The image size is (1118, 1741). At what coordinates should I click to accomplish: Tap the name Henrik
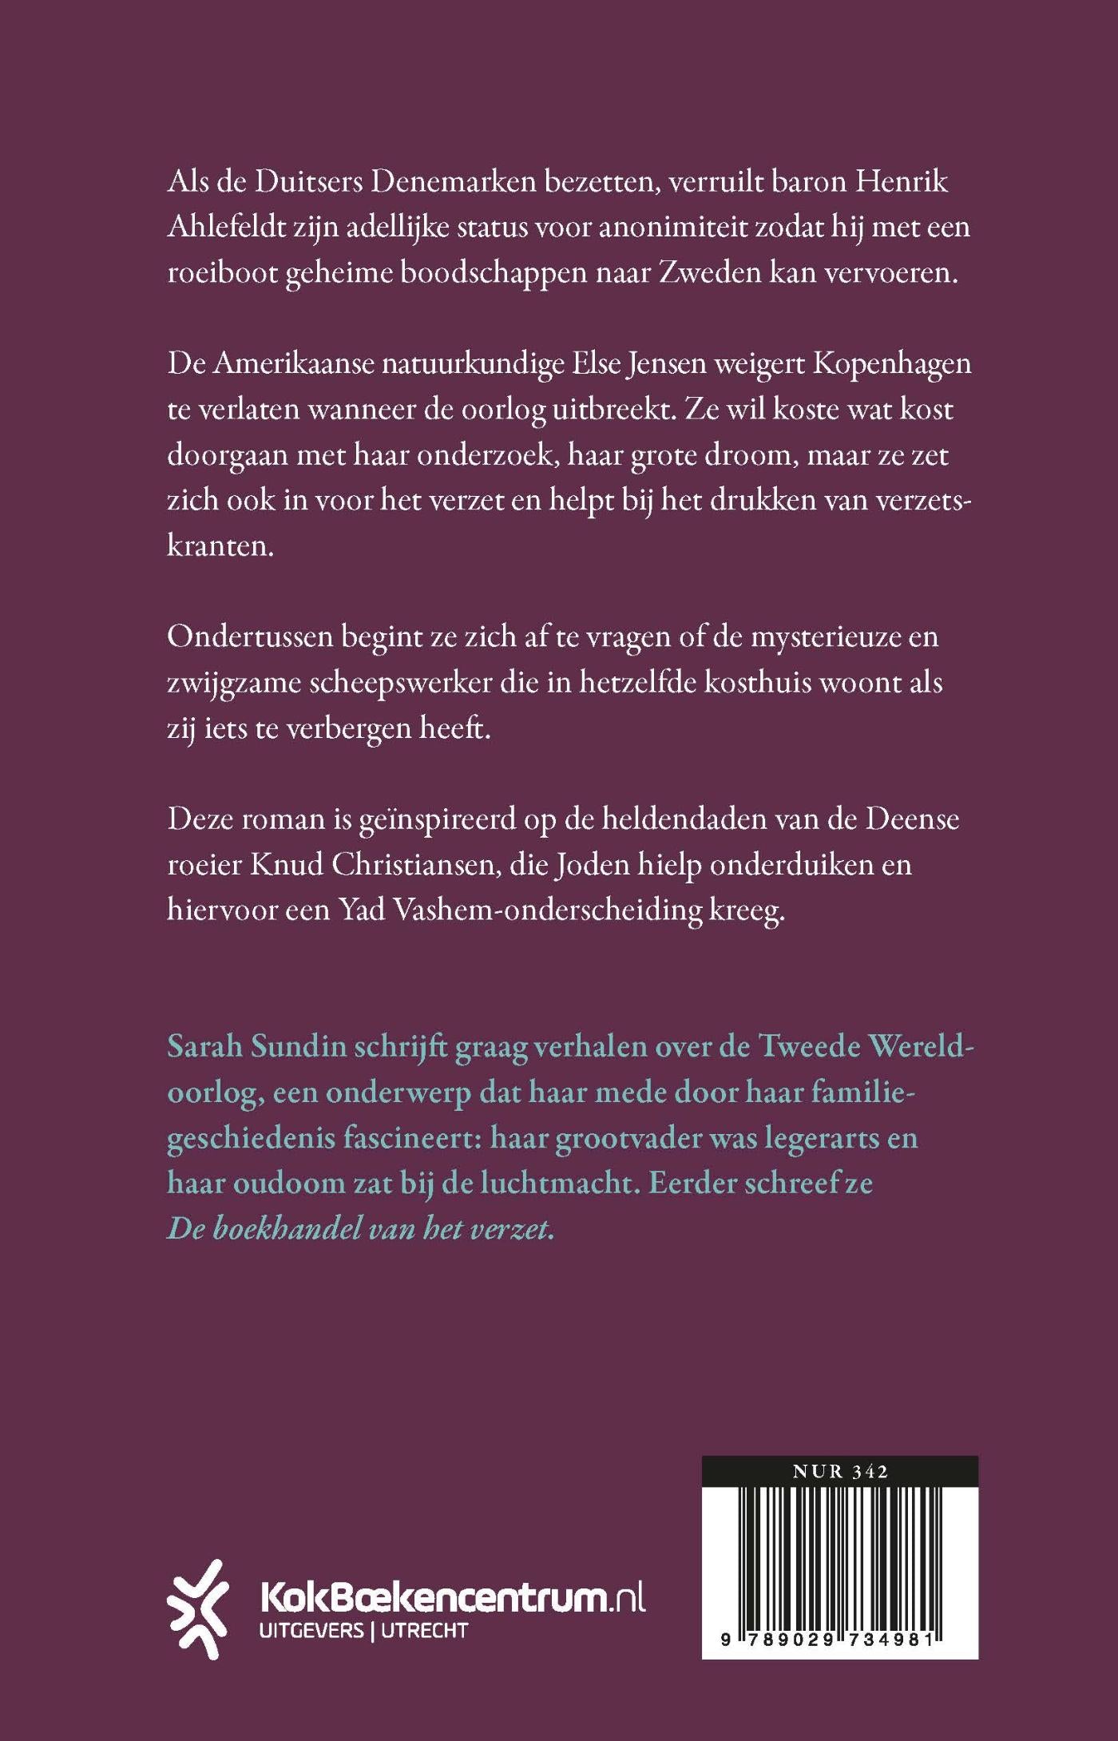pos(902,182)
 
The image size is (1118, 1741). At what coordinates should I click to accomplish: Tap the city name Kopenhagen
pos(892,364)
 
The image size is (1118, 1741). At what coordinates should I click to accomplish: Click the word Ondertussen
pos(249,637)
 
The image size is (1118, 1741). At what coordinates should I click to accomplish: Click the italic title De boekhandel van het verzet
pos(361,1229)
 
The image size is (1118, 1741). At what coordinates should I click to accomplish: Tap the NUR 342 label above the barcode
pos(840,1472)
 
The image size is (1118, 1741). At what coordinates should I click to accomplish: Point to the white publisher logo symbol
pos(197,1608)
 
